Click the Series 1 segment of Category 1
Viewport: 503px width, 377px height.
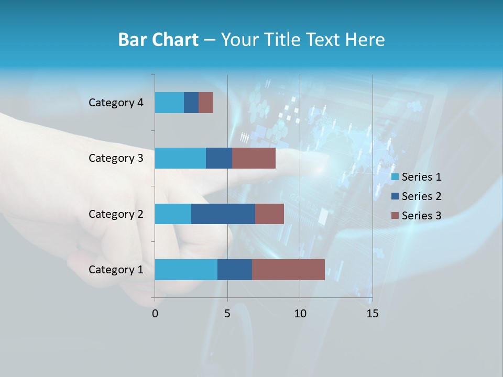coord(186,270)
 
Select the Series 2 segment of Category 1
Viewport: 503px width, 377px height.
coord(235,270)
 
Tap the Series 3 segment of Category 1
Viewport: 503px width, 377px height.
coord(288,270)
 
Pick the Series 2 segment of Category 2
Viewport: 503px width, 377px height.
coord(223,214)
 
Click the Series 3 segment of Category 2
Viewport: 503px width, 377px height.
coord(269,214)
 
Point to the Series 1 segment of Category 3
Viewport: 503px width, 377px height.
coord(180,158)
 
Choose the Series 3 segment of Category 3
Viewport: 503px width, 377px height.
coord(254,158)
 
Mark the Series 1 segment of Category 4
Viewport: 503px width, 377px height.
coord(169,103)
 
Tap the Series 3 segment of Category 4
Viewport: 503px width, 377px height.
coord(206,103)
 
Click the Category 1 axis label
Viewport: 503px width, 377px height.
coord(116,270)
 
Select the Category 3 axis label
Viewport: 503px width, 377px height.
coord(116,158)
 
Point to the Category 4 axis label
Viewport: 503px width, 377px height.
coord(116,103)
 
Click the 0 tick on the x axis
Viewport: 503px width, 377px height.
coord(155,314)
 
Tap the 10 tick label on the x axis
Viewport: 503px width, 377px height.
coord(300,314)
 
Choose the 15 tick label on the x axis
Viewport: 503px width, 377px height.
coord(372,314)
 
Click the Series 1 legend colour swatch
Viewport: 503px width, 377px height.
coord(395,177)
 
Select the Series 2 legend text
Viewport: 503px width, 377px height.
coord(421,196)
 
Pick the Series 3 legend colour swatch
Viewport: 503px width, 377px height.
coord(395,216)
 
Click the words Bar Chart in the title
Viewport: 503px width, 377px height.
coord(158,39)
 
